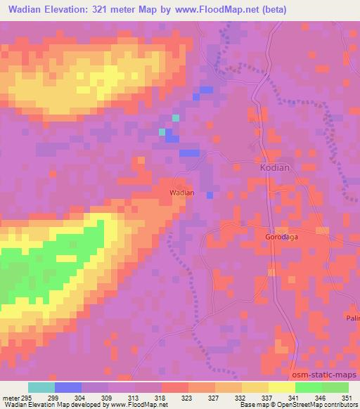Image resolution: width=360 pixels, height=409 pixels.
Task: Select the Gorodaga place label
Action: point(282,238)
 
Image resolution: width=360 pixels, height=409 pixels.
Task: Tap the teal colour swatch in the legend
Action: point(41,388)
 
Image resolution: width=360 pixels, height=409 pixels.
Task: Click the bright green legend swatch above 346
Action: point(308,388)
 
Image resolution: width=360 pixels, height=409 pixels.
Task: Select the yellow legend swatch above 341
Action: point(281,388)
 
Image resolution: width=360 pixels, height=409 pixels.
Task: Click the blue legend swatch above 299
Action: point(68,388)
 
